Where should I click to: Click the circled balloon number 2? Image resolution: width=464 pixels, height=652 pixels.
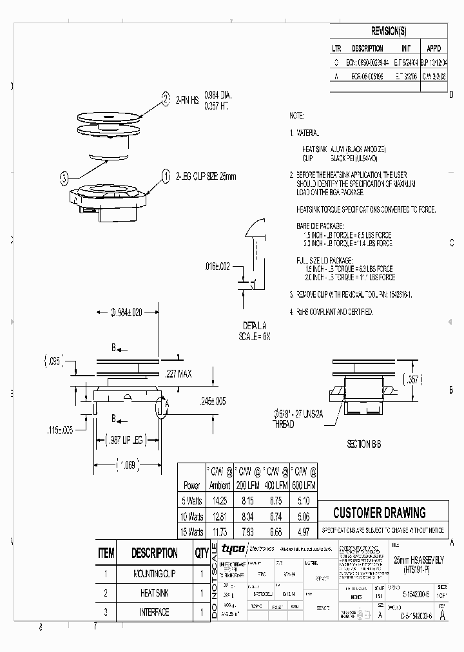click(166, 98)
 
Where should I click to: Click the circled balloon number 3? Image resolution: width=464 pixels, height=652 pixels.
click(64, 178)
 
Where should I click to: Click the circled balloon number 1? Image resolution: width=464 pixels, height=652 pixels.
click(165, 175)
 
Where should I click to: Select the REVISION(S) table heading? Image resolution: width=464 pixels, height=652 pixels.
click(389, 32)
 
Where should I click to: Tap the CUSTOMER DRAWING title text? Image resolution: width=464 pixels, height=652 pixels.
click(380, 513)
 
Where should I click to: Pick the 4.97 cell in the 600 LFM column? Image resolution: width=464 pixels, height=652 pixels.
click(305, 532)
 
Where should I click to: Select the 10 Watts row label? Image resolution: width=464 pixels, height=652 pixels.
click(192, 516)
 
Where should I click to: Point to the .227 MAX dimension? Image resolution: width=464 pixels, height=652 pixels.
click(179, 373)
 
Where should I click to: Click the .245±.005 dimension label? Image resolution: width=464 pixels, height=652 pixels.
click(212, 401)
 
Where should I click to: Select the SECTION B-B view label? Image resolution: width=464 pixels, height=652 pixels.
click(368, 445)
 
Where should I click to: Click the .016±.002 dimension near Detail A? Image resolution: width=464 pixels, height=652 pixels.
click(218, 265)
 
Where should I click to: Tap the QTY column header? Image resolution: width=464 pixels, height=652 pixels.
click(202, 553)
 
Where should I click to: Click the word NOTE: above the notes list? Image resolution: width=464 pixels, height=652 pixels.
click(296, 115)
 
